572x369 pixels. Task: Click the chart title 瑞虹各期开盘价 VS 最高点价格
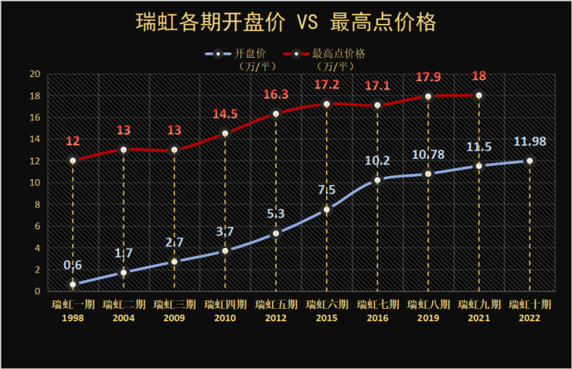tap(285, 21)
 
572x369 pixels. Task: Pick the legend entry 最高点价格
tap(339, 54)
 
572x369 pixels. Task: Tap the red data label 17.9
tap(428, 77)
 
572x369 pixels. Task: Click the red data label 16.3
tap(276, 95)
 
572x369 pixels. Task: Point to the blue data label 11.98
tap(530, 142)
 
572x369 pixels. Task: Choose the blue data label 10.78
tap(428, 154)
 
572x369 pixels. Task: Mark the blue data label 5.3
tap(276, 214)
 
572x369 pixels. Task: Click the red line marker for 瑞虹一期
tap(73, 161)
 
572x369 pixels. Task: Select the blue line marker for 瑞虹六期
tap(326, 209)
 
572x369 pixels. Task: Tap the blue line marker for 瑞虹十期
tap(529, 161)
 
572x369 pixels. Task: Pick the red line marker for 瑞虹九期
tap(478, 96)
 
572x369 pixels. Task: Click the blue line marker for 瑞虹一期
tap(73, 284)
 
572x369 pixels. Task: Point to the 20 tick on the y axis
tap(35, 74)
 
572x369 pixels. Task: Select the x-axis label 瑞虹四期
tap(225, 304)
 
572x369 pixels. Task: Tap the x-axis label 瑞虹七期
tap(377, 304)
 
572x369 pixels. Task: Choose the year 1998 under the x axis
tap(73, 317)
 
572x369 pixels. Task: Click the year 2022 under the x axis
tap(529, 317)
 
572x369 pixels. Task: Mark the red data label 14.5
tap(225, 114)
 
